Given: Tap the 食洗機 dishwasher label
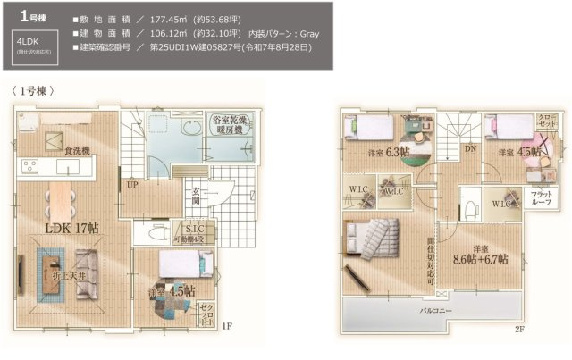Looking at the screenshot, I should [x=77, y=151].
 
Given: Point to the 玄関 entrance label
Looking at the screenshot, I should [x=195, y=196].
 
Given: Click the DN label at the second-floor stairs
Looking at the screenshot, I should [x=470, y=149].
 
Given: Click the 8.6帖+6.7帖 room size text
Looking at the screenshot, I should [x=481, y=260].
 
